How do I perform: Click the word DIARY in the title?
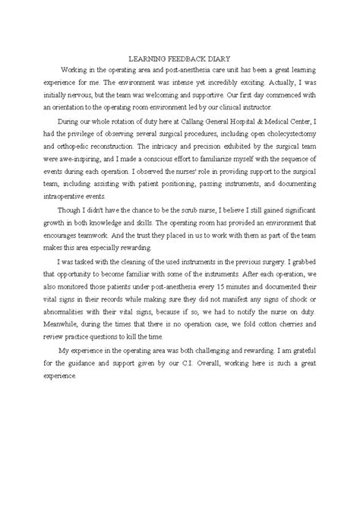coord(225,57)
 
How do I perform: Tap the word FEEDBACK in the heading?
coord(187,57)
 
